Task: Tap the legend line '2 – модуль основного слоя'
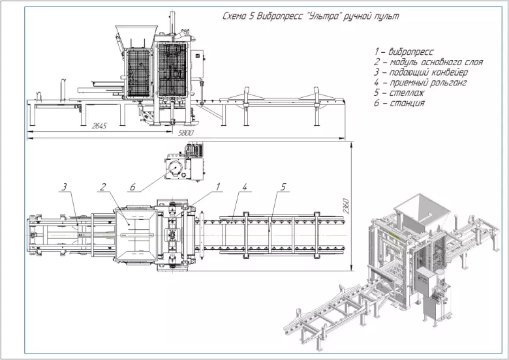pos(428,62)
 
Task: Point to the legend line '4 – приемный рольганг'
pos(421,83)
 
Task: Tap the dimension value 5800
pos(186,133)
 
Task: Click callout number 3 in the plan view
pos(65,187)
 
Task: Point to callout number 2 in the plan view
pos(102,187)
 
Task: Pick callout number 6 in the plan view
pos(132,187)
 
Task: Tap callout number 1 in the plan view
pos(219,187)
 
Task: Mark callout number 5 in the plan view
pos(283,187)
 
